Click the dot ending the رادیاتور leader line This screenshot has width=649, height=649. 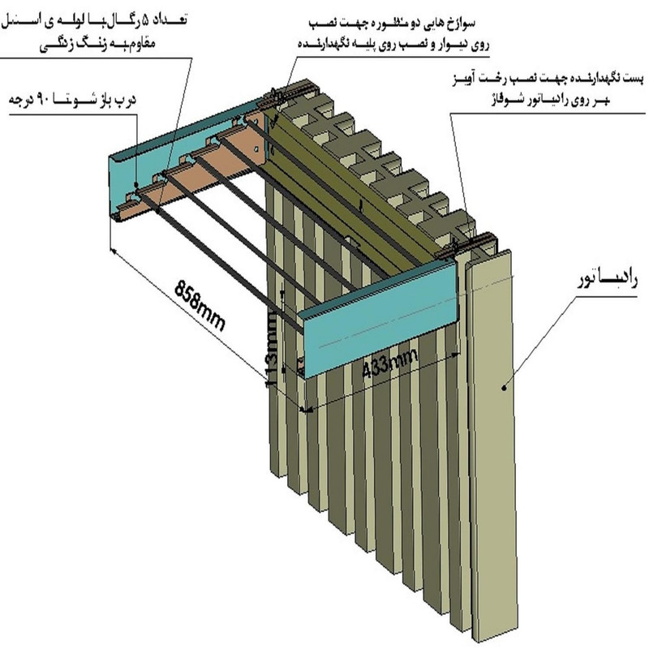pos(506,388)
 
